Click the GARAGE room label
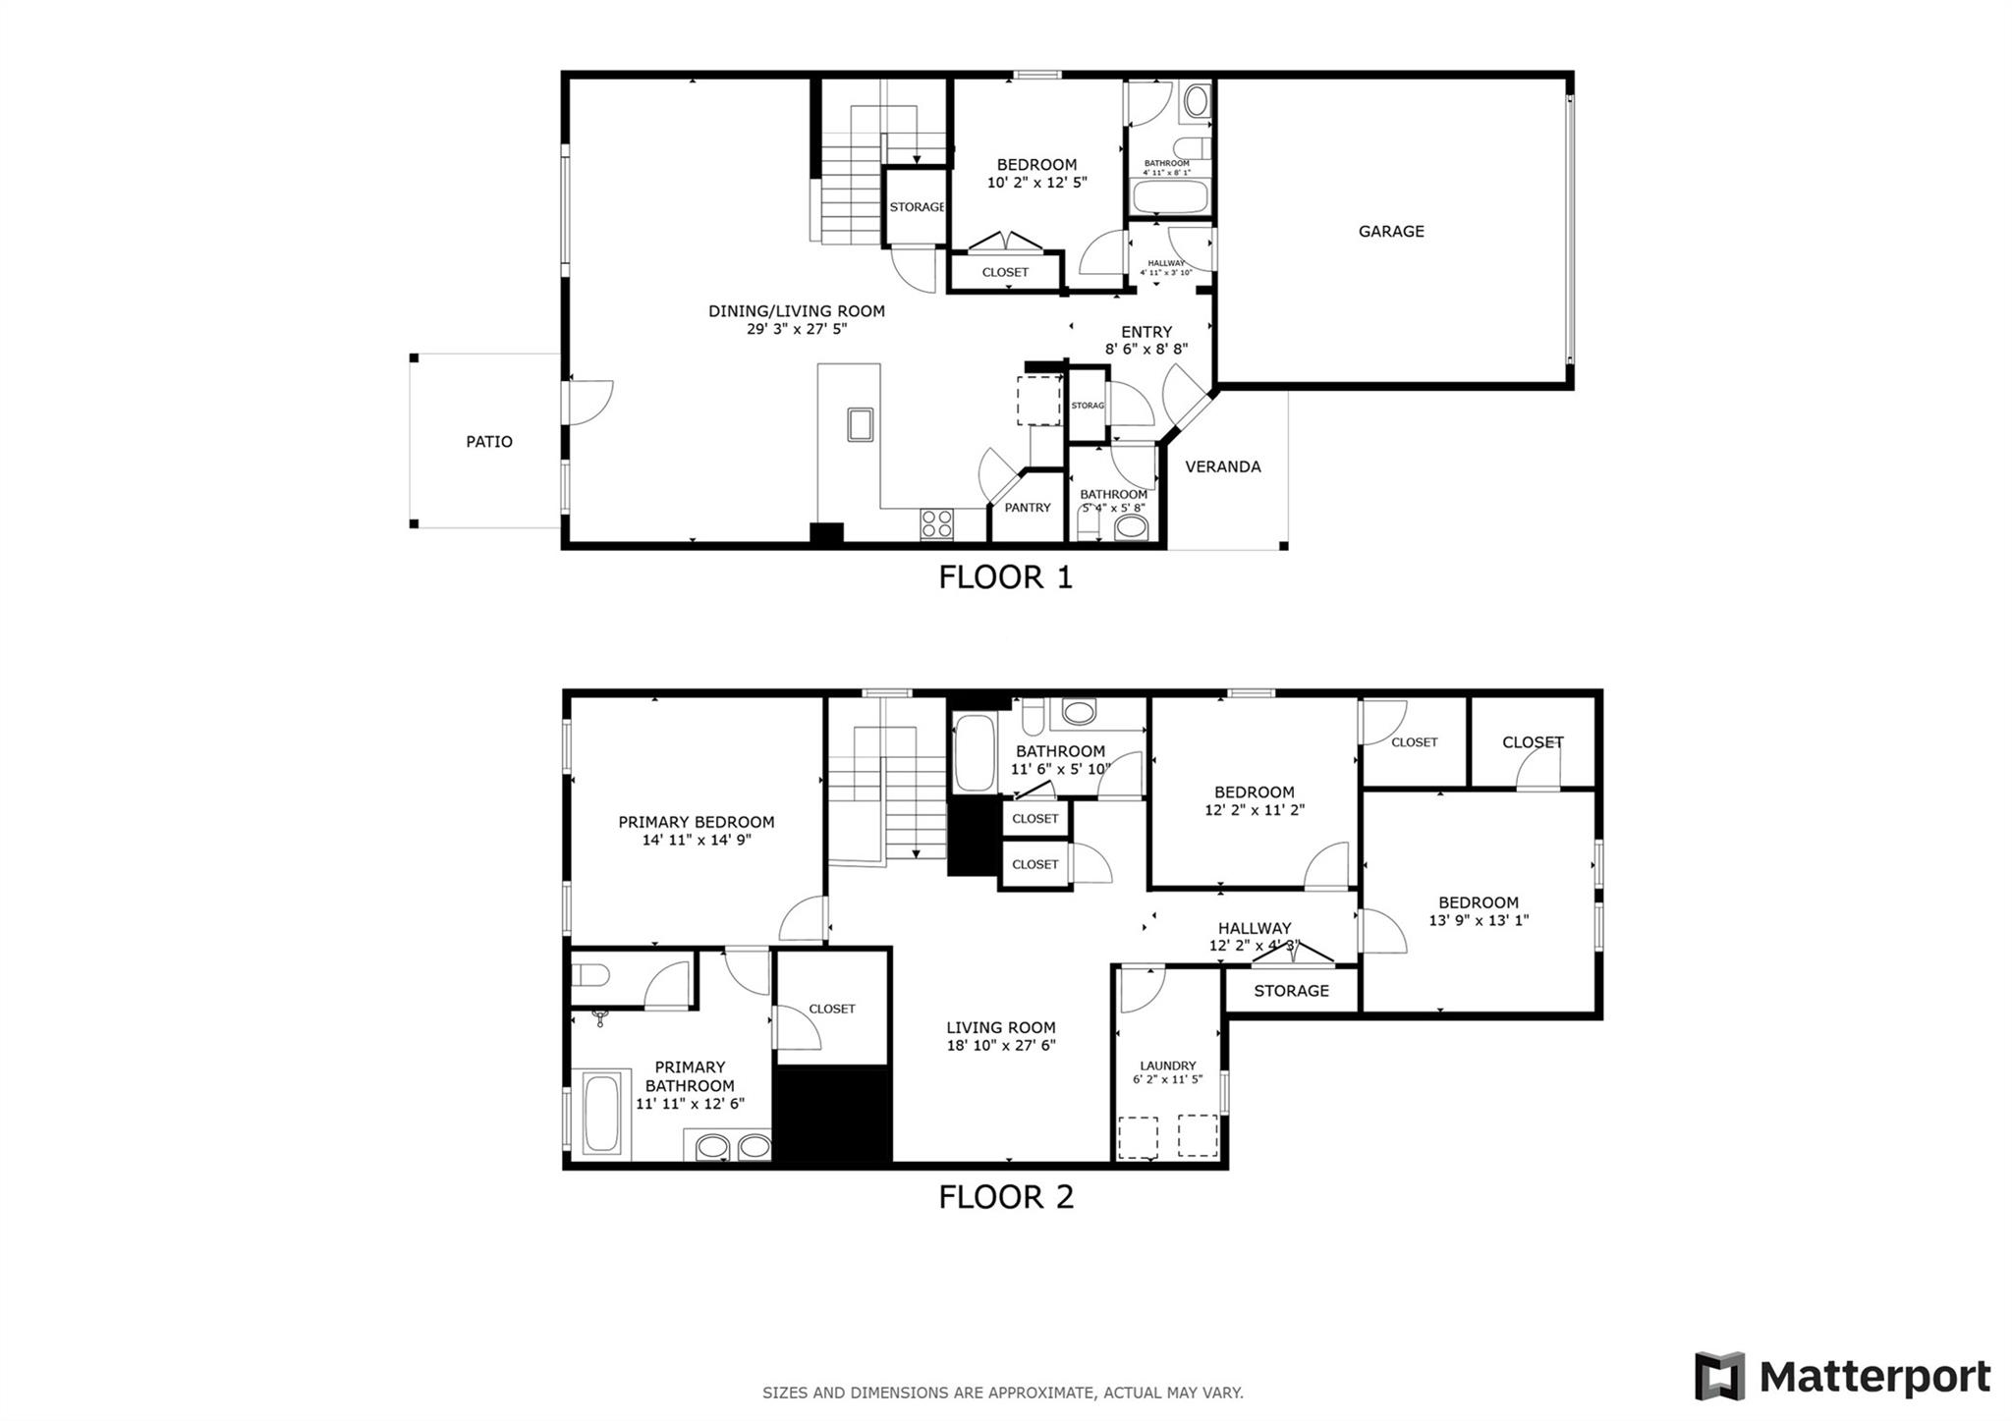(x=1390, y=232)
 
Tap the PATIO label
(x=488, y=442)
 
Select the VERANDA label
(x=1222, y=467)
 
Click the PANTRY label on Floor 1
(x=1027, y=508)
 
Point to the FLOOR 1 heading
(x=1005, y=577)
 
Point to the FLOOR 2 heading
(x=1005, y=1197)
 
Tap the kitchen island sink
(x=861, y=424)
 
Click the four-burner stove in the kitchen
(x=936, y=523)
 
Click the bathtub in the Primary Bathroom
(x=602, y=1114)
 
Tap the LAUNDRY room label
(x=1167, y=1066)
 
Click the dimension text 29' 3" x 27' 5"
(x=796, y=330)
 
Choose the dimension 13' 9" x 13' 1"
(x=1478, y=921)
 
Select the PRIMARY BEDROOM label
(x=696, y=822)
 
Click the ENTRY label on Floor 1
(x=1146, y=332)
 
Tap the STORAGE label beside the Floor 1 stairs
(x=916, y=207)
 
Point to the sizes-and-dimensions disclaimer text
(x=1002, y=1393)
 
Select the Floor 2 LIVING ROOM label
(x=1000, y=1028)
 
